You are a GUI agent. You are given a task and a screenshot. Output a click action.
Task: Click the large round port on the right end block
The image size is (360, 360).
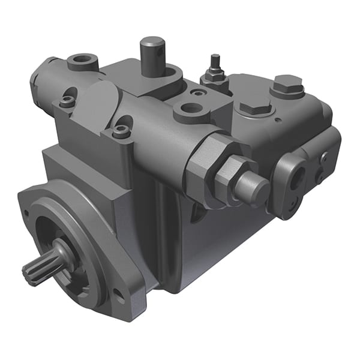[x=298, y=173]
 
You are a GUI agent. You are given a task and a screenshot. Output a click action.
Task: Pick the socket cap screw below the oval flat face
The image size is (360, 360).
[x=122, y=131]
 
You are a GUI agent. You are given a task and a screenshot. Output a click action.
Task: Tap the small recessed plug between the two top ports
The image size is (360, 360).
[x=197, y=93]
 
